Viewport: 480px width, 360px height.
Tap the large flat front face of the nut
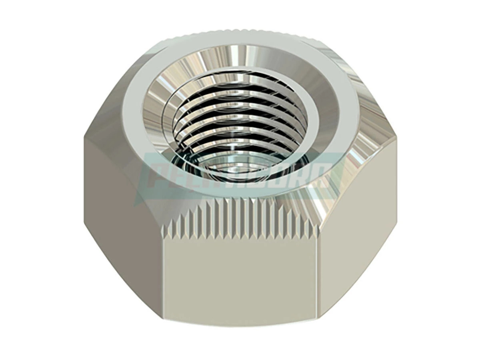[240, 276]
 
